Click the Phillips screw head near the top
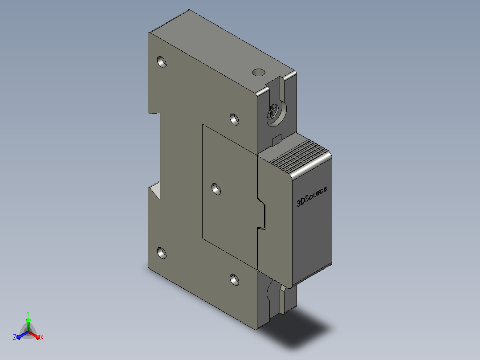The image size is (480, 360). [x=274, y=112]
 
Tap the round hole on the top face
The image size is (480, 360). [x=259, y=72]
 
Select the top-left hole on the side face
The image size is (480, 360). [x=162, y=62]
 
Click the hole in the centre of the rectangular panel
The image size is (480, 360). [x=216, y=189]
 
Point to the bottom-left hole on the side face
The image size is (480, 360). [x=162, y=253]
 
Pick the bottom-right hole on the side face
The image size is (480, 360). [x=235, y=280]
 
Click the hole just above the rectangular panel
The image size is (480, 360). [x=235, y=119]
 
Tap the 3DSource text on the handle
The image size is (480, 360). [x=312, y=196]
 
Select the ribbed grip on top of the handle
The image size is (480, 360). [x=297, y=155]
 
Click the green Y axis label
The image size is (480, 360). [x=28, y=313]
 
